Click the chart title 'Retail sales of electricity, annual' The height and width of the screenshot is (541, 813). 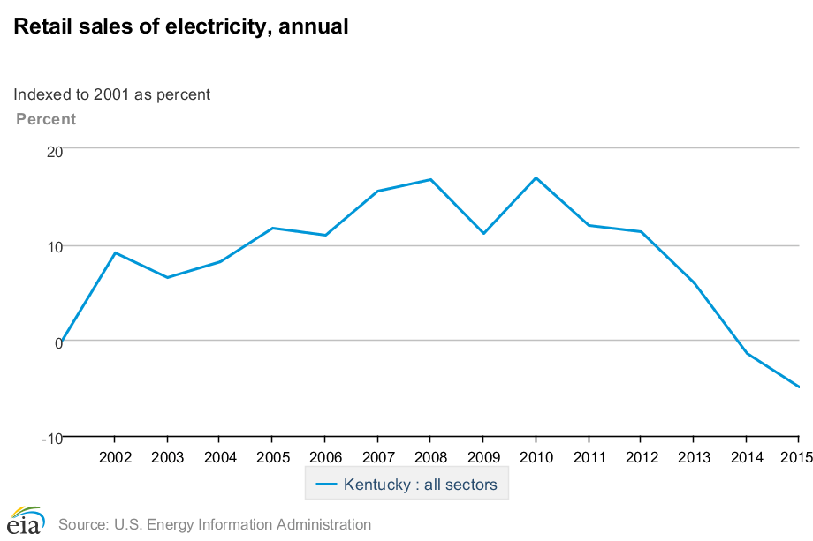(180, 27)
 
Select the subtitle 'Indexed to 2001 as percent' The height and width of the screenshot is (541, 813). (111, 94)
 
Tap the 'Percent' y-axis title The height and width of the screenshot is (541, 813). (46, 119)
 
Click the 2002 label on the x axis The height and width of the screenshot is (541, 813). (115, 457)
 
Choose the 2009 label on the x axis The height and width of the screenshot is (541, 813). (482, 457)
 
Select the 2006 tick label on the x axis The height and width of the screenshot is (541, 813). (325, 457)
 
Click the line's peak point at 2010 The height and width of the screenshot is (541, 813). (536, 177)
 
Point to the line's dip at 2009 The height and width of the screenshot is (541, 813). (482, 233)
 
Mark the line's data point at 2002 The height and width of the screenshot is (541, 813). (115, 252)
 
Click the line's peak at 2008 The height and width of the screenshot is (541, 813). (430, 179)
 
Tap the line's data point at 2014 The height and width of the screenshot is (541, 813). (746, 353)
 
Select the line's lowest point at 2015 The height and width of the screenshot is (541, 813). (798, 387)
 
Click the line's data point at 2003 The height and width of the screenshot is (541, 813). (167, 277)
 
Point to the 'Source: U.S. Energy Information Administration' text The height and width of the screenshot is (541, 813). (215, 524)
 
